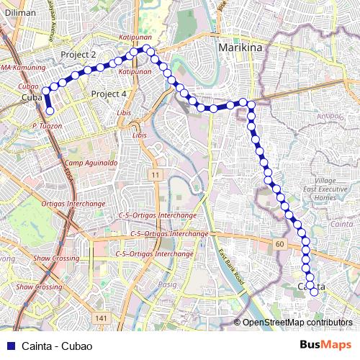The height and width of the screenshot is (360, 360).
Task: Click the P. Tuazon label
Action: pos(47,125)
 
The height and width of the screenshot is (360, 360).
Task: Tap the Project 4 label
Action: pos(109,94)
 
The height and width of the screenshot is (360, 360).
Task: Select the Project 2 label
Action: pos(78,55)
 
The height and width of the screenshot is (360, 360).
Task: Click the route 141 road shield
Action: pos(101,318)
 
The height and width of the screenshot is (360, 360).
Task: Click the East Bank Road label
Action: pos(233,267)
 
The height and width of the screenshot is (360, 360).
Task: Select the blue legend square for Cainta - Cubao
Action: pos(11,346)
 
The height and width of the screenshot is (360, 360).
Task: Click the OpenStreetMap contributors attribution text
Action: pos(297,323)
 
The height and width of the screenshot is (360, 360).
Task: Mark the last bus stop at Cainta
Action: pos(313,292)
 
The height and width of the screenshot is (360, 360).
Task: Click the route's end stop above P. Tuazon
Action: pos(50,111)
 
